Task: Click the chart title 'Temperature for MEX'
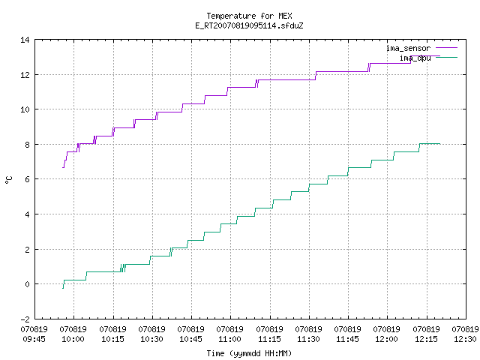(x=249, y=16)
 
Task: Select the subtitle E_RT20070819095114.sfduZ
(x=249, y=25)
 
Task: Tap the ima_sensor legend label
(x=408, y=48)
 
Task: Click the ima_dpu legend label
(x=415, y=58)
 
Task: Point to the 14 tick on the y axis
(x=25, y=40)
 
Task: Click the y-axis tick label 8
(x=27, y=145)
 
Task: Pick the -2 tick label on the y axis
(x=25, y=319)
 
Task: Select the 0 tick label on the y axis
(x=27, y=284)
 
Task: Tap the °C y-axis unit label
(x=8, y=180)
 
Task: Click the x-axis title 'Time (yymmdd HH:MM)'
(x=249, y=353)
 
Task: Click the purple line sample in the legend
(x=446, y=48)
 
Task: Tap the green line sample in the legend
(x=446, y=57)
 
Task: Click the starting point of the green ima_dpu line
(x=63, y=288)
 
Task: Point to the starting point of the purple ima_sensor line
(x=62, y=167)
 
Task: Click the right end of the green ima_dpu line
(x=440, y=144)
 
